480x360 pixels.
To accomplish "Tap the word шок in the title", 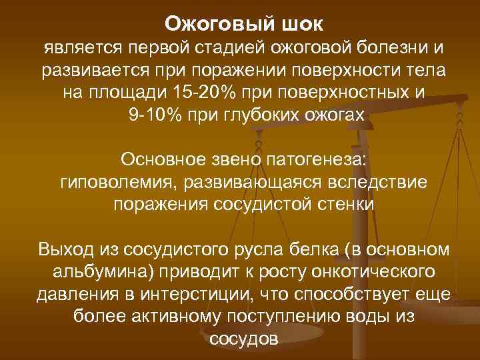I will (301, 25).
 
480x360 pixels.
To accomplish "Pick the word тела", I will (425, 71).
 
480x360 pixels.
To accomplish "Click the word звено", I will (232, 160).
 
